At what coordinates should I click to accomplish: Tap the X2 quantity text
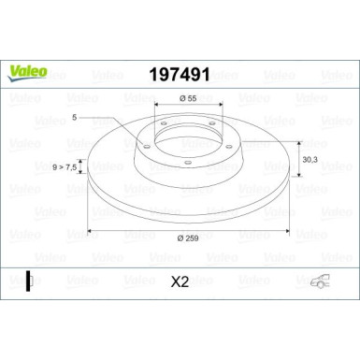coord(180,280)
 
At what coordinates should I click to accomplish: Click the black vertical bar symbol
coord(29,280)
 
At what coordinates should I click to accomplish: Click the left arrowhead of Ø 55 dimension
coord(155,107)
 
